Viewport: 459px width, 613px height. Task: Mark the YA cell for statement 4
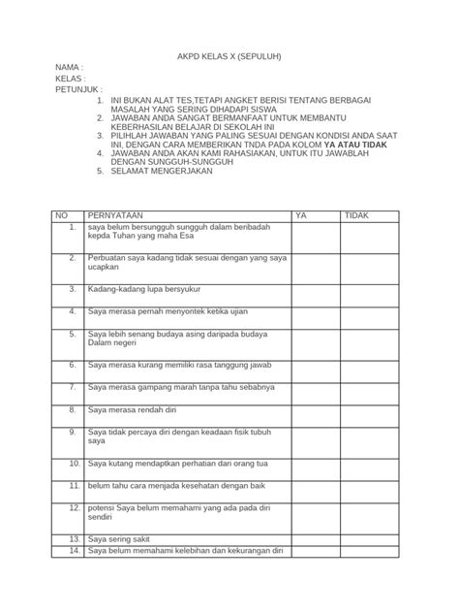coord(315,316)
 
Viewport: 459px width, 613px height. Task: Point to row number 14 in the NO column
coord(74,551)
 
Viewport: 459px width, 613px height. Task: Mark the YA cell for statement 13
coord(315,537)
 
